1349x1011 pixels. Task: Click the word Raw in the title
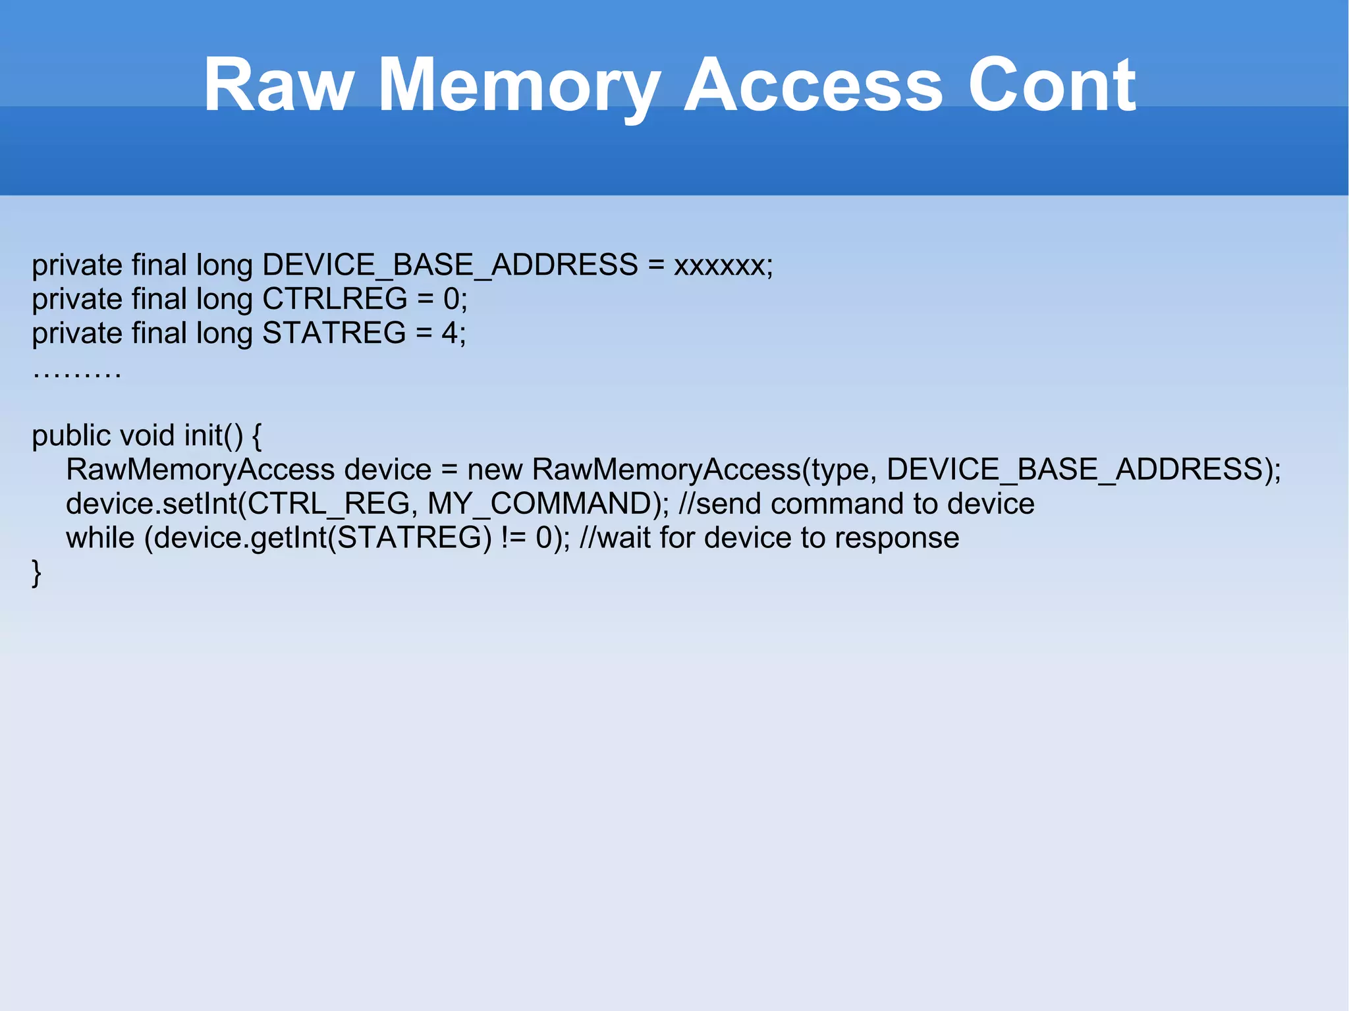coord(278,86)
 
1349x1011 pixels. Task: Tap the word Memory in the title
coord(519,86)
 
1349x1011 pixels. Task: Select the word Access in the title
coord(813,86)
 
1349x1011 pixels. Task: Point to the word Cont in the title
coord(1051,86)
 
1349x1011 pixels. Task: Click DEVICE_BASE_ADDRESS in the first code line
coord(450,265)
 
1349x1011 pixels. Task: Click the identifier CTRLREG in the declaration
coord(335,299)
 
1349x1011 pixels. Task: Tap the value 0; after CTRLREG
coord(455,299)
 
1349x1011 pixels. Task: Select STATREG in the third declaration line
coord(334,333)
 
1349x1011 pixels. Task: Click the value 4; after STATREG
coord(454,333)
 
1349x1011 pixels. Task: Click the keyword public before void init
coord(71,436)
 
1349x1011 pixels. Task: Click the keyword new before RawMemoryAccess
coord(495,470)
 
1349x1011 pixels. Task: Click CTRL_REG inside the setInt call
coord(329,505)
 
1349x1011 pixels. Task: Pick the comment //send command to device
coord(856,505)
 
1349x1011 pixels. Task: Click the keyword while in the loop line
coord(100,538)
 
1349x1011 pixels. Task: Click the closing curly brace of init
coord(37,572)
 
